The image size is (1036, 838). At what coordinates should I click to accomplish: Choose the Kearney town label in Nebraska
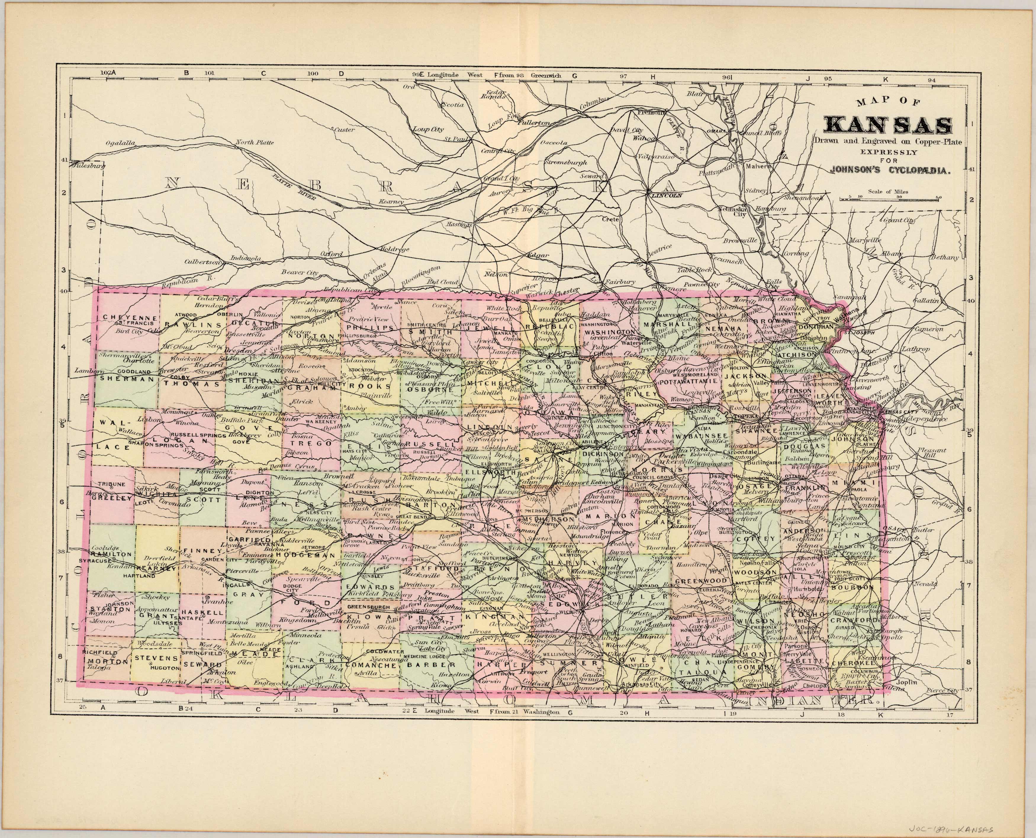click(x=391, y=201)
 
